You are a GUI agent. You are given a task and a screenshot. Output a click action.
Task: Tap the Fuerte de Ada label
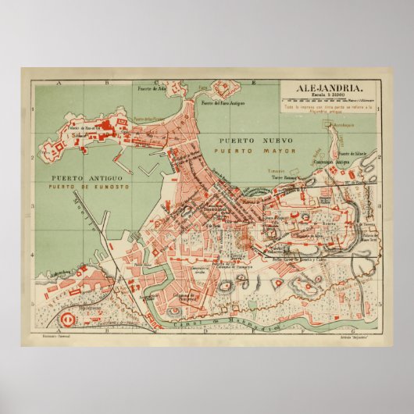(152, 88)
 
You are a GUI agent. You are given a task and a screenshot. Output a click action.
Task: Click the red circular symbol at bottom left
(68, 317)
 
